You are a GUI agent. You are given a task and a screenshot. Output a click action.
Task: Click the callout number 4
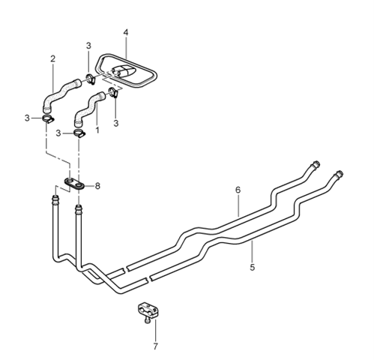pyautogui.click(x=126, y=32)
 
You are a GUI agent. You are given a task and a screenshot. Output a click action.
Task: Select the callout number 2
pyautogui.click(x=52, y=58)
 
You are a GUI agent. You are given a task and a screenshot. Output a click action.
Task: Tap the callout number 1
pyautogui.click(x=97, y=130)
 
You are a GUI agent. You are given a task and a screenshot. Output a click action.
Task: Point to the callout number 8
pyautogui.click(x=97, y=186)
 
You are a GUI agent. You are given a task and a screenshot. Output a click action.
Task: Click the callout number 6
pyautogui.click(x=238, y=190)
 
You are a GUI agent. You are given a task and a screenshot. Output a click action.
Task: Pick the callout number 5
pyautogui.click(x=253, y=267)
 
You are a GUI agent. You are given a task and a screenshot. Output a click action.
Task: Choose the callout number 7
pyautogui.click(x=155, y=346)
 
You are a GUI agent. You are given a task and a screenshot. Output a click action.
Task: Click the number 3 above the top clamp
pyautogui.click(x=88, y=46)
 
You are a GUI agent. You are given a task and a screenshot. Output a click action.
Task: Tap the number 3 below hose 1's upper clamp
pyautogui.click(x=116, y=123)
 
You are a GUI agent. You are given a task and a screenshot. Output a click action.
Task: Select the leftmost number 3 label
pyautogui.click(x=27, y=118)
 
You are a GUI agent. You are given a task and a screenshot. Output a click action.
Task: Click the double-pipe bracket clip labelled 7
pyautogui.click(x=148, y=310)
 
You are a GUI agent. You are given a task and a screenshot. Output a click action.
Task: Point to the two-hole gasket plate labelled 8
pyautogui.click(x=75, y=184)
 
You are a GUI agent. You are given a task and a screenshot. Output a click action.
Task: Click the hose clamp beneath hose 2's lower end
pyautogui.click(x=48, y=118)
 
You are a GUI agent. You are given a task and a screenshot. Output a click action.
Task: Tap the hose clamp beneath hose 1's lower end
pyautogui.click(x=79, y=133)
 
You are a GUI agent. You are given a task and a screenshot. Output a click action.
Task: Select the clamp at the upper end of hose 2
pyautogui.click(x=91, y=79)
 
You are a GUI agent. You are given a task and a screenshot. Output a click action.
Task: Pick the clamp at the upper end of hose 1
pyautogui.click(x=113, y=92)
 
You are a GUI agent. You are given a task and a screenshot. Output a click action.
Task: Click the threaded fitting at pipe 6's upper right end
pyautogui.click(x=315, y=165)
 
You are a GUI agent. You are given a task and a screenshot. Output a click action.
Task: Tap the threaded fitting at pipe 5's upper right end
pyautogui.click(x=338, y=174)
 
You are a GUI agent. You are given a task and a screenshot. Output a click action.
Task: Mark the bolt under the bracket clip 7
pyautogui.click(x=148, y=319)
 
